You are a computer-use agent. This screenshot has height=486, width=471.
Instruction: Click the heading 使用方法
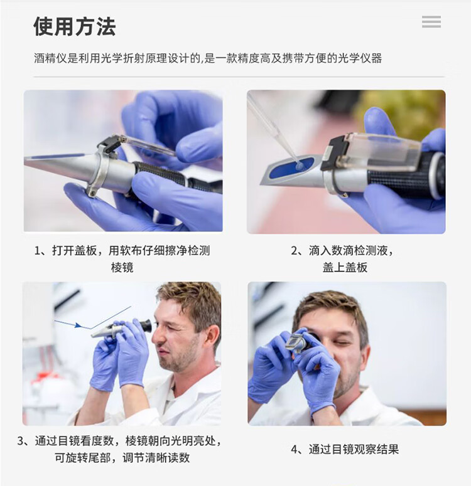[x=75, y=26]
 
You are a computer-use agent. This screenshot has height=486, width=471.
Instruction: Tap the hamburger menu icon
[x=431, y=22]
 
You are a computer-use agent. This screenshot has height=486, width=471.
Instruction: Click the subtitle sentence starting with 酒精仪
[x=208, y=58]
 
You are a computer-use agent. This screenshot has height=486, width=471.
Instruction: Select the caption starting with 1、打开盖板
[x=122, y=258]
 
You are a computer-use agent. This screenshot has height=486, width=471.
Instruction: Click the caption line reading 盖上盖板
[x=345, y=267]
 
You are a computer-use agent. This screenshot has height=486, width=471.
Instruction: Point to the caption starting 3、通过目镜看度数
[x=119, y=449]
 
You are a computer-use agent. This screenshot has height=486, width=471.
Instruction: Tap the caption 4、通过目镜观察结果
[x=345, y=449]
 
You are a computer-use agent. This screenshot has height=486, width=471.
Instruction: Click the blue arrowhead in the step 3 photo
[x=78, y=325]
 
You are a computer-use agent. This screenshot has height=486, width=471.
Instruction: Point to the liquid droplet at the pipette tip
[x=300, y=166]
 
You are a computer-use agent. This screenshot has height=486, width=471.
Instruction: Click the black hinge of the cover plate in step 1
[x=109, y=145]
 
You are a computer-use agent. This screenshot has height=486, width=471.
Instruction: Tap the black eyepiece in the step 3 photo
[x=146, y=325]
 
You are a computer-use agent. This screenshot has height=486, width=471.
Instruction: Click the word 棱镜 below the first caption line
[x=122, y=267]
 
